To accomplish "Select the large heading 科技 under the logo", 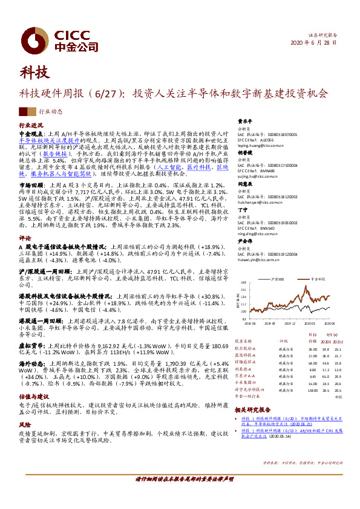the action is (x=33, y=74).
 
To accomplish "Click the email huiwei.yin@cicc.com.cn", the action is (x=260, y=261).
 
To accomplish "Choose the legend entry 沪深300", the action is (x=279, y=279).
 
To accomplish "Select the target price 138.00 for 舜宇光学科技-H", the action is (x=312, y=374).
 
